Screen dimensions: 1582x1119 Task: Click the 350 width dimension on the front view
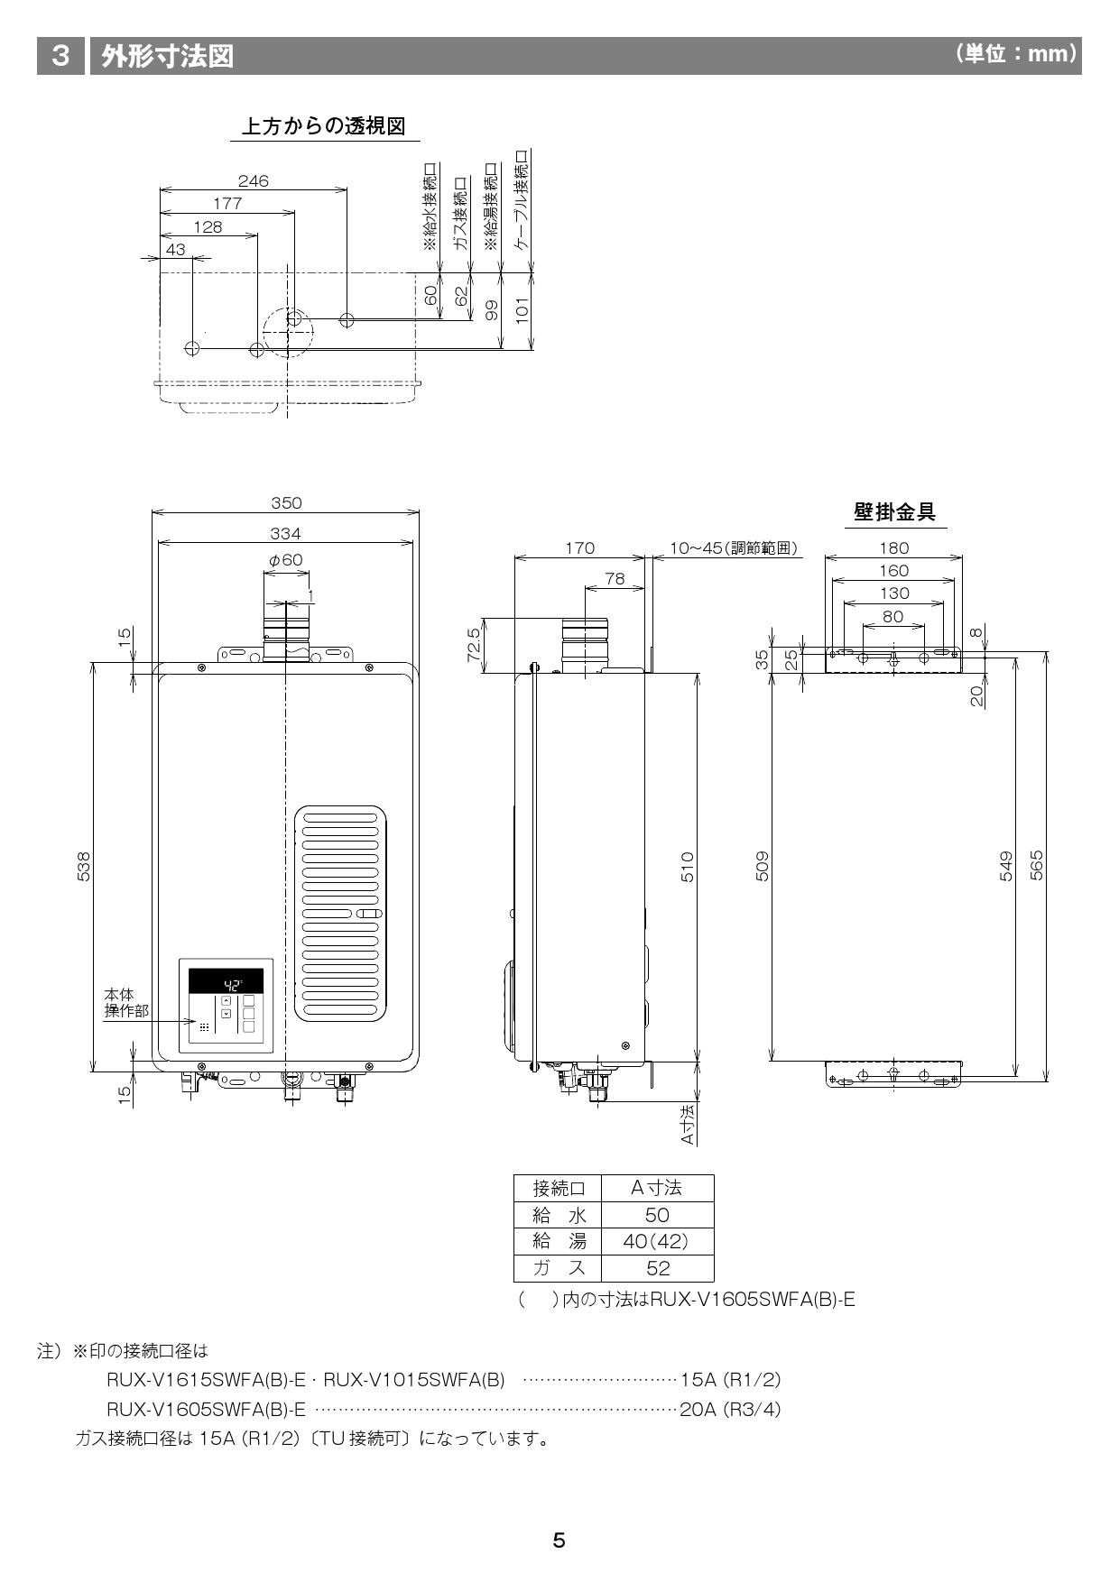pyautogui.click(x=286, y=503)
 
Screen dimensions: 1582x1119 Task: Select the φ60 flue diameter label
pyautogui.click(x=285, y=560)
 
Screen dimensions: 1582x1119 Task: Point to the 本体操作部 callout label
pyautogui.click(x=125, y=1003)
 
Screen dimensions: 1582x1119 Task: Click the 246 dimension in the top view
pyautogui.click(x=253, y=181)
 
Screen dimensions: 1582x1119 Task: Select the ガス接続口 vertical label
pyautogui.click(x=460, y=215)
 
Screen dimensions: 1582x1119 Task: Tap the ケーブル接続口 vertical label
pyautogui.click(x=522, y=202)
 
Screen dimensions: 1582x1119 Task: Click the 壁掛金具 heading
pyautogui.click(x=894, y=512)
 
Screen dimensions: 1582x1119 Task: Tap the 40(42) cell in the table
pyautogui.click(x=656, y=1241)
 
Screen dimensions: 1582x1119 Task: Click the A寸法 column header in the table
pyautogui.click(x=656, y=1187)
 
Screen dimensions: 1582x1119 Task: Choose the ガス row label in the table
pyautogui.click(x=559, y=1268)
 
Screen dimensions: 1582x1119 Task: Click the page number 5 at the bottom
pyautogui.click(x=559, y=1541)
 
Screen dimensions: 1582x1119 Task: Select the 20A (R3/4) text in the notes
pyautogui.click(x=729, y=1409)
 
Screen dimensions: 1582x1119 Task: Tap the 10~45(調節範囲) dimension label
pyautogui.click(x=734, y=547)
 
